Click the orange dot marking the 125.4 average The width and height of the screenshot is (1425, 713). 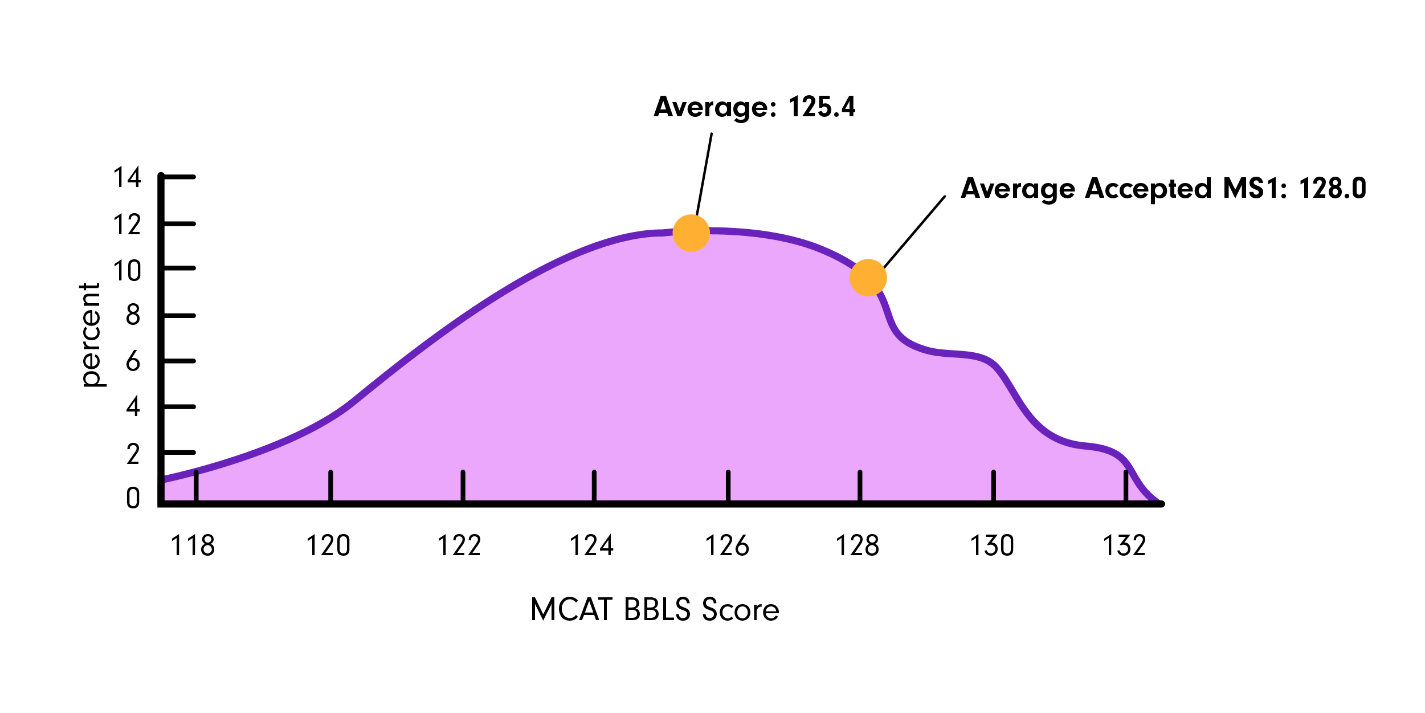click(x=691, y=233)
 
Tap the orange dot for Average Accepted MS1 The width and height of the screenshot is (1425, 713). click(x=868, y=278)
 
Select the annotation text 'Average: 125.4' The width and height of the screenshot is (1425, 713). click(x=754, y=107)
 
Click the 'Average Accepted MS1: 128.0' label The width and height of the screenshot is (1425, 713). click(x=1163, y=189)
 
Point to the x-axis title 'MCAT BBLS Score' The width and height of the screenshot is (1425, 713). click(x=654, y=610)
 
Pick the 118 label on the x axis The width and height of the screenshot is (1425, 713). click(x=193, y=545)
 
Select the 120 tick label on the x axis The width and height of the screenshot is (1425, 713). click(x=328, y=545)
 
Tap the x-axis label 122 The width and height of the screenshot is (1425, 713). click(x=459, y=545)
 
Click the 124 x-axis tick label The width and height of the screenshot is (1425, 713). click(x=591, y=545)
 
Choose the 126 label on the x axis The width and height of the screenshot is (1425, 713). click(x=727, y=545)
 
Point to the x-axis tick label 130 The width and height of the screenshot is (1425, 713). click(x=992, y=545)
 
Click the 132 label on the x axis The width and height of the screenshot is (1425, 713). click(x=1124, y=545)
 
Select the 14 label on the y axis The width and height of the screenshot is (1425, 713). click(x=127, y=177)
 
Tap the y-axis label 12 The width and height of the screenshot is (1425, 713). click(x=127, y=225)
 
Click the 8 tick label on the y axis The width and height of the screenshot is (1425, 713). click(x=133, y=315)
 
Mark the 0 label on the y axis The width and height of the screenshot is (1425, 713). click(x=133, y=498)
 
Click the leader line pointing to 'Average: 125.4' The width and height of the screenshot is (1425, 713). click(x=704, y=174)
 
